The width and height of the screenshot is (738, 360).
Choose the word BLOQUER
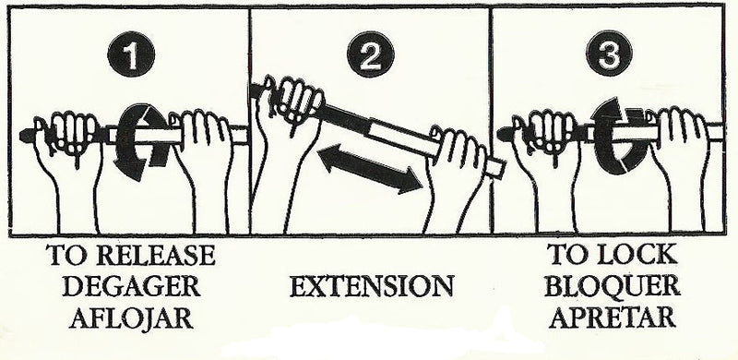point(611,287)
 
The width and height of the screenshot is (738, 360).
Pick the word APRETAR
point(611,319)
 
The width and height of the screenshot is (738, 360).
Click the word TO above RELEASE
point(76,254)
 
